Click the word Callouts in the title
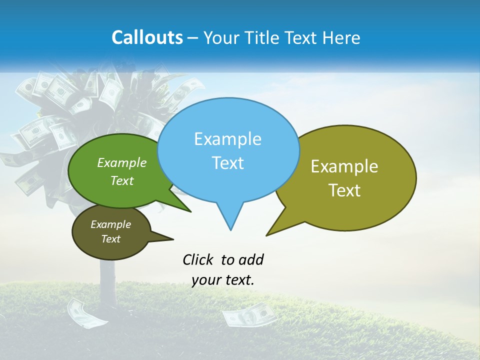point(147,37)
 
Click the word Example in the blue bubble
point(227,139)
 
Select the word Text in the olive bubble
point(344,190)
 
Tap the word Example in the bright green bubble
point(122,163)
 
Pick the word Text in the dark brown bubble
point(110,239)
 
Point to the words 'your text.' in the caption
point(223,280)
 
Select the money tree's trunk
point(107,280)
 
